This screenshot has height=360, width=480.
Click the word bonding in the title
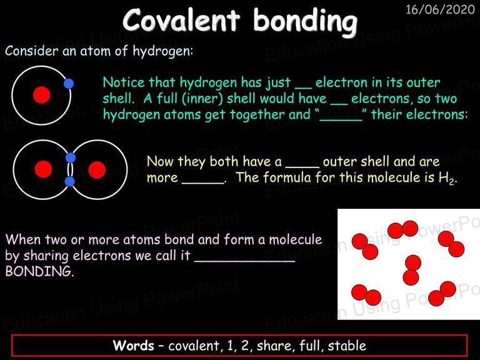pyautogui.click(x=305, y=21)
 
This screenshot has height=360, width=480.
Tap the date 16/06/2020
pyautogui.click(x=440, y=9)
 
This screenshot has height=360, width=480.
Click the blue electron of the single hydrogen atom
pyautogui.click(x=69, y=84)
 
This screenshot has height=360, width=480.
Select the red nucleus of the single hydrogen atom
pyautogui.click(x=42, y=95)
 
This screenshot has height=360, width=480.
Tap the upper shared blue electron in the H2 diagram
pyautogui.click(x=71, y=157)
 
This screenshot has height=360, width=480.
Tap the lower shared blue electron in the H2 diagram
pyautogui.click(x=70, y=181)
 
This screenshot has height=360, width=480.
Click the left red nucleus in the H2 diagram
pyautogui.click(x=43, y=169)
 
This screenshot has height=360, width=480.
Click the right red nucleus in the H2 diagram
pyautogui.click(x=97, y=169)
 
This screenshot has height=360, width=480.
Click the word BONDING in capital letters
pyautogui.click(x=39, y=271)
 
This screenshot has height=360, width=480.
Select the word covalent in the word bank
pyautogui.click(x=194, y=346)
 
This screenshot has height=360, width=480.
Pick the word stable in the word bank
pyautogui.click(x=347, y=346)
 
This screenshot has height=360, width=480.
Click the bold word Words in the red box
pyautogui.click(x=134, y=345)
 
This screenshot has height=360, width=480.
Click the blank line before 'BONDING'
pyautogui.click(x=244, y=261)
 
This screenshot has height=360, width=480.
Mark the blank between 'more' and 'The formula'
pyautogui.click(x=203, y=183)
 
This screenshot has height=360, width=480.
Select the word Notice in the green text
pyautogui.click(x=124, y=82)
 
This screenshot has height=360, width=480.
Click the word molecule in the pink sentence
pyautogui.click(x=296, y=239)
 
